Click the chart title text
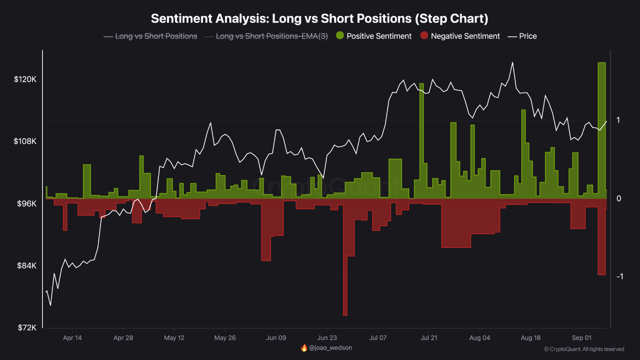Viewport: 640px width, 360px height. tap(319, 18)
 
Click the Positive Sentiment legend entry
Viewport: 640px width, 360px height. tap(373, 36)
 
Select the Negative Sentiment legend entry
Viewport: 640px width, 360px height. tap(460, 36)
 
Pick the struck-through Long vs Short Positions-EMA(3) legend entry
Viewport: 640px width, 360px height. tap(266, 36)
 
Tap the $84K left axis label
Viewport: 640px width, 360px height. tap(26, 265)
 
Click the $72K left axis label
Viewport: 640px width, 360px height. tap(26, 327)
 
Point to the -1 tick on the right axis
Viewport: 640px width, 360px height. tap(619, 276)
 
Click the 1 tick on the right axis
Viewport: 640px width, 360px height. tap(618, 120)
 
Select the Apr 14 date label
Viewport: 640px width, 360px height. tap(72, 338)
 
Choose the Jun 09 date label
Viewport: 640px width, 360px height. tap(275, 338)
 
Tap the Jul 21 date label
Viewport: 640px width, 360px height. tap(428, 338)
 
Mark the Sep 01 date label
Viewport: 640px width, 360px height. tap(581, 338)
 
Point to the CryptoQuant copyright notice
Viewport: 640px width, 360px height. tap(583, 349)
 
